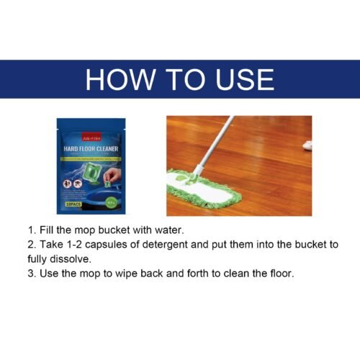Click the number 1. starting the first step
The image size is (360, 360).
click(32, 230)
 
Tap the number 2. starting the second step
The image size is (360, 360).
click(32, 245)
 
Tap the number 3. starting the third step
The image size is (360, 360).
click(32, 274)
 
